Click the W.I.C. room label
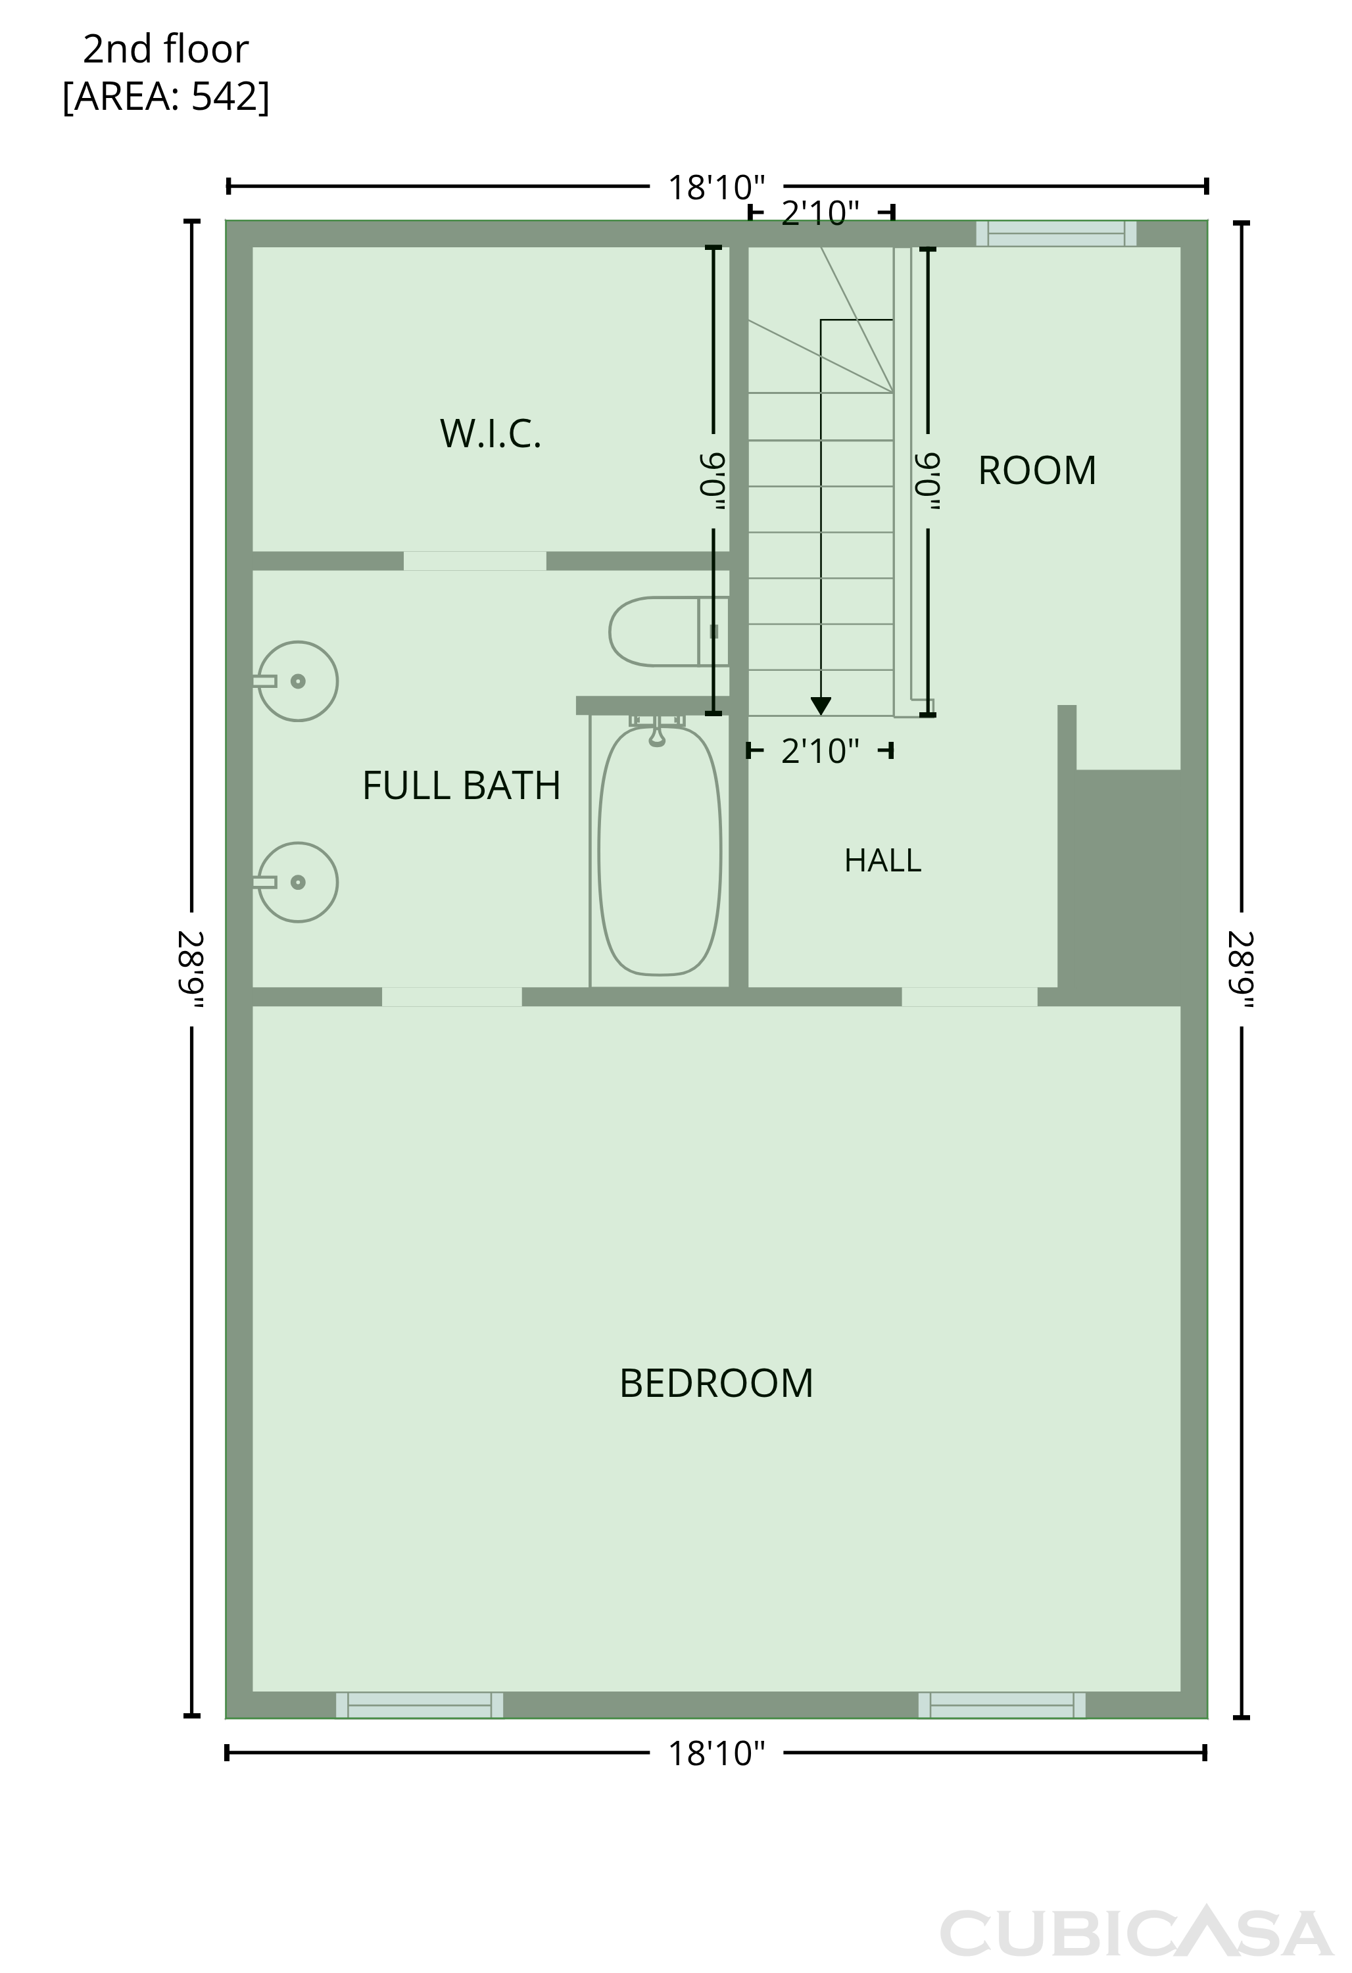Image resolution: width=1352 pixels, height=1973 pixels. [491, 434]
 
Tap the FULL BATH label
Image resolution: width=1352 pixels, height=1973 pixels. [462, 785]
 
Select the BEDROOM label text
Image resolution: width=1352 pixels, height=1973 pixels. [716, 1383]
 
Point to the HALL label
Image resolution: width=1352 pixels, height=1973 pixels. [882, 861]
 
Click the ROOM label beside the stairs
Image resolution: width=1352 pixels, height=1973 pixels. [1037, 470]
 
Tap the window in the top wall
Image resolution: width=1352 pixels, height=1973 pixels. [1056, 233]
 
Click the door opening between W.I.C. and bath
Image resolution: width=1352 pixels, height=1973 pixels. [474, 561]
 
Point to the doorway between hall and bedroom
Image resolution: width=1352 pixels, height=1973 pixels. [969, 996]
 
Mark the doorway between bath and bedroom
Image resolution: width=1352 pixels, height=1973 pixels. [452, 996]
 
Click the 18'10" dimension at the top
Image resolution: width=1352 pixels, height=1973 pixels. [716, 187]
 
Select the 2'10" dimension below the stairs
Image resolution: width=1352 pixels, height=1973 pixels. [820, 751]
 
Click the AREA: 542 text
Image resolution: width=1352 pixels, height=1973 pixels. [166, 97]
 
